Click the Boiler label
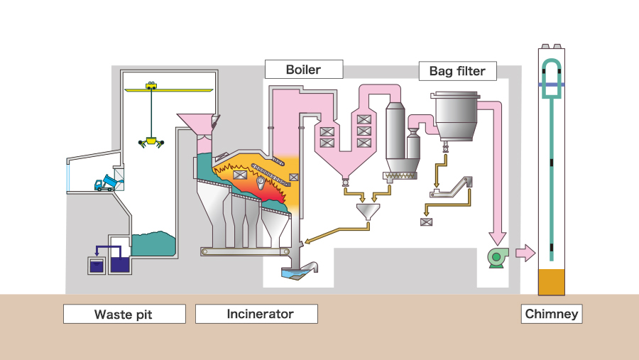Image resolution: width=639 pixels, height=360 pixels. tap(303, 69)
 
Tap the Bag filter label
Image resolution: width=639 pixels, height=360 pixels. tap(457, 71)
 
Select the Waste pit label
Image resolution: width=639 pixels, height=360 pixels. tap(124, 314)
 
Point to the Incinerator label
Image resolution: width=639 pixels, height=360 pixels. tap(256, 314)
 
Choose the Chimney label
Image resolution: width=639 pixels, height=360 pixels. tap(552, 314)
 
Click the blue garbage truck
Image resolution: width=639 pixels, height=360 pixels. tap(108, 183)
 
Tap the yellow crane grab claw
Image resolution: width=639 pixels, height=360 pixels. tap(151, 142)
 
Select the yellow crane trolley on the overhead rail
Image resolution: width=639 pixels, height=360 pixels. tap(151, 85)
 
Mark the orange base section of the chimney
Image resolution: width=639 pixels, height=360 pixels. tap(552, 282)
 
